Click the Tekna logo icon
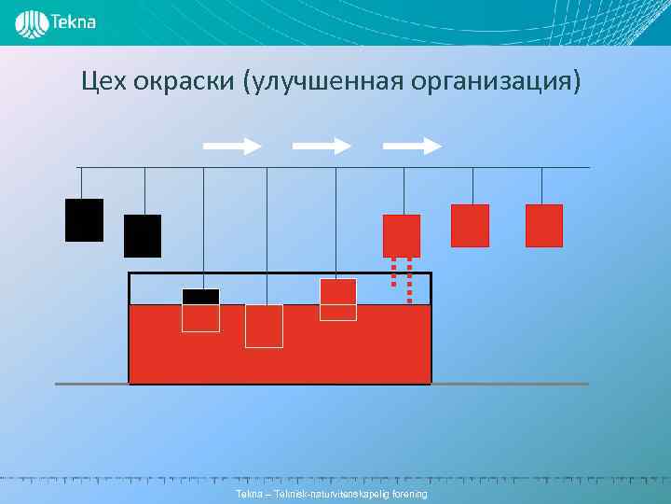pos(32,23)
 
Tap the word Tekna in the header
pos(73,22)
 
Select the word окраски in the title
pos(183,83)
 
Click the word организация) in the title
pos(495,83)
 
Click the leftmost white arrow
pos(232,146)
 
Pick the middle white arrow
pos(322,146)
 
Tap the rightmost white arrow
pos(412,146)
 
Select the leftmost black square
pos(84,220)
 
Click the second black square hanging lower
pos(143,236)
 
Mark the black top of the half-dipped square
pos(200,297)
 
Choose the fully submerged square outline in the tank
pos(264,326)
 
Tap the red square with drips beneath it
pos(402,235)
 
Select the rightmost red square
pos(544,225)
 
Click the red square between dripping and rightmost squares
pos(470,225)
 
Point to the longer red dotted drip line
pos(409,280)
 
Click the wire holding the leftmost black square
pos(81,183)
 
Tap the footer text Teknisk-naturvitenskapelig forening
pos(332,493)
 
